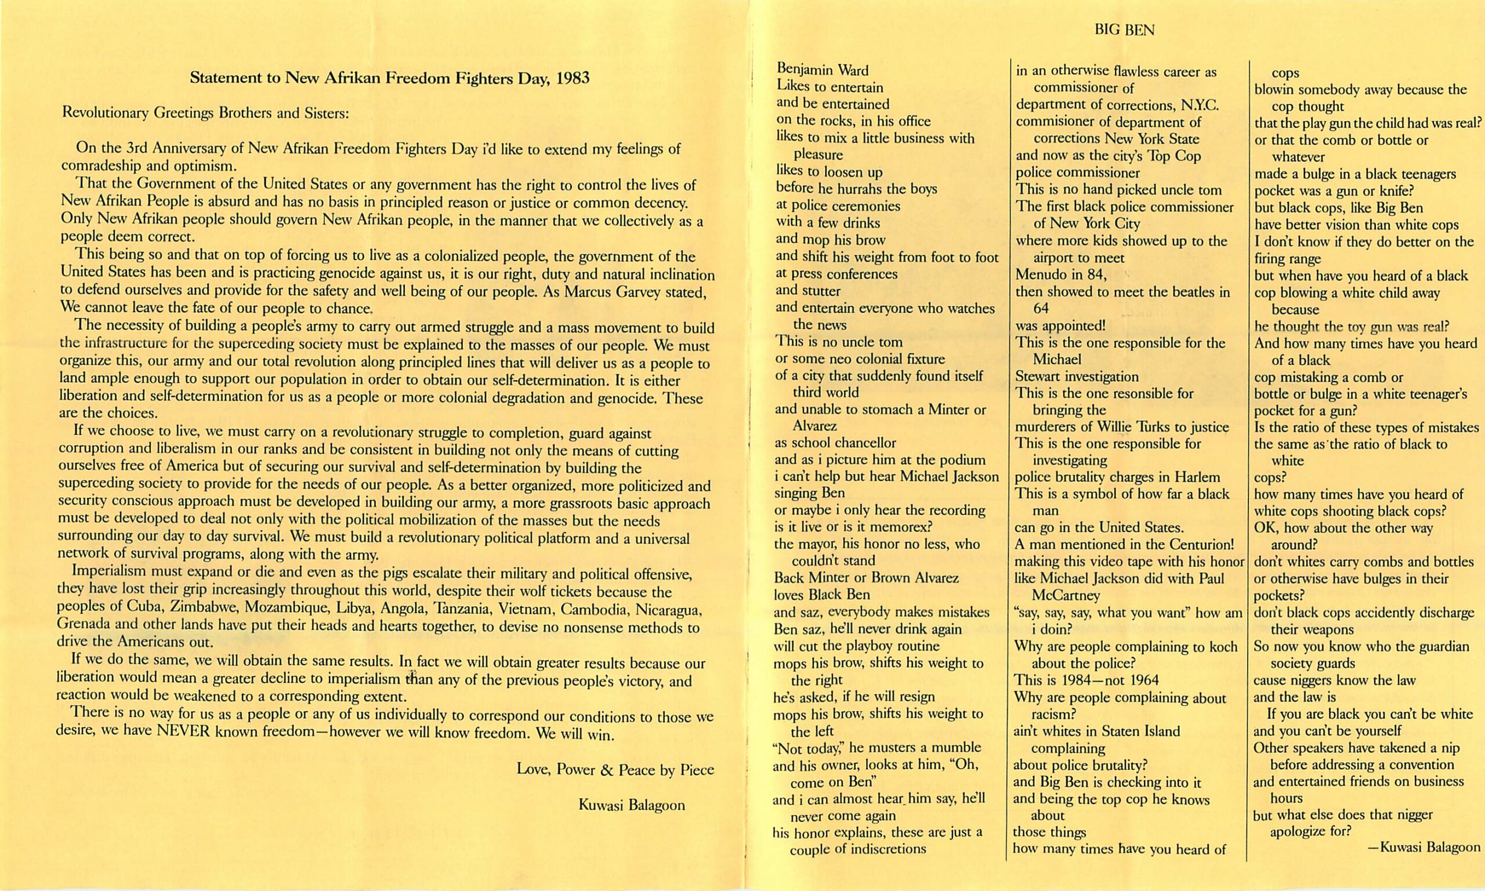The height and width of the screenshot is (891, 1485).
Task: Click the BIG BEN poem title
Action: [1124, 30]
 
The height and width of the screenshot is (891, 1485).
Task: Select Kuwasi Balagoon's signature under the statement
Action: [631, 805]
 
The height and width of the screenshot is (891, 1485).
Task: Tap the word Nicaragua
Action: [668, 610]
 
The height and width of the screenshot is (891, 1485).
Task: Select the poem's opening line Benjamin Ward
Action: [823, 70]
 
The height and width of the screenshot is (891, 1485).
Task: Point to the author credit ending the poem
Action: [1424, 847]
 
